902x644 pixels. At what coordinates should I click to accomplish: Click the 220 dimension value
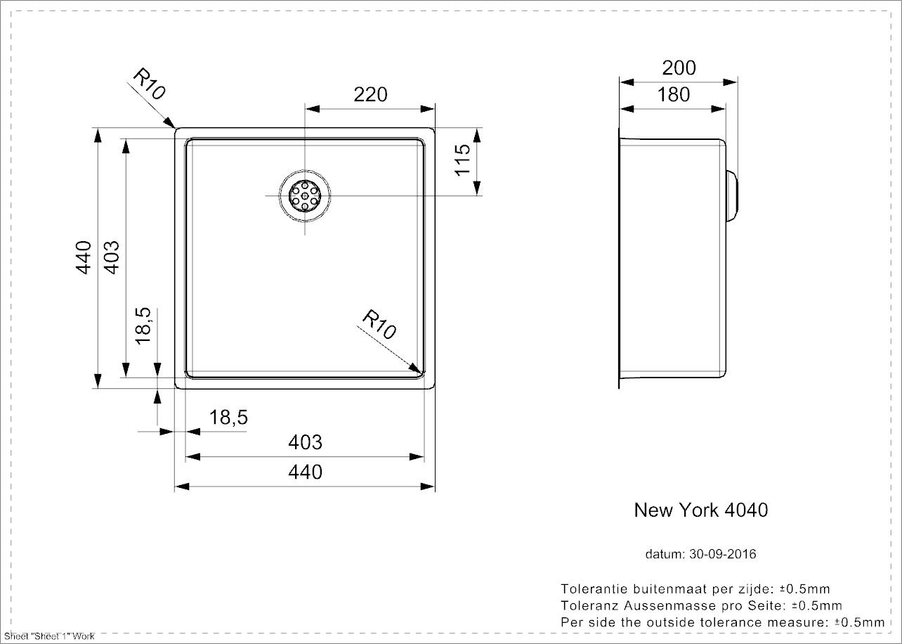pos(370,95)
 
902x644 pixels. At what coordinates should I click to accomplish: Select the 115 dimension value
pos(463,160)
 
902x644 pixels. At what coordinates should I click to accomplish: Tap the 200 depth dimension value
pos(679,67)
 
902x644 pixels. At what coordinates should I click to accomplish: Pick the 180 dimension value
pos(673,95)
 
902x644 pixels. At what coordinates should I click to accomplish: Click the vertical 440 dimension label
pos(84,257)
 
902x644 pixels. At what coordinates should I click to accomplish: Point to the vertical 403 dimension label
pos(112,257)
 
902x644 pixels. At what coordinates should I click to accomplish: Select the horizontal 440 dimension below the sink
pos(305,472)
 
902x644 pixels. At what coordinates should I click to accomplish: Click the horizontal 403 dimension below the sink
pos(305,442)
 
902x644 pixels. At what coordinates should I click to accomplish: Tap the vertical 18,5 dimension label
pos(143,326)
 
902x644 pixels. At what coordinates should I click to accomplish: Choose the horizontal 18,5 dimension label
pos(228,417)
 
